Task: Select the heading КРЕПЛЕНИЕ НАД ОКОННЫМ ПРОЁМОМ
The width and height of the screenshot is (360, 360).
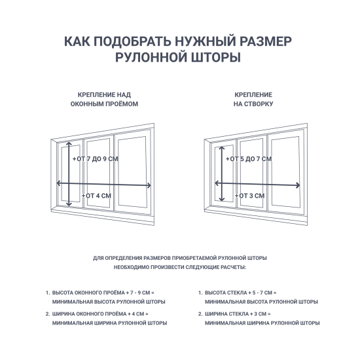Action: pyautogui.click(x=104, y=99)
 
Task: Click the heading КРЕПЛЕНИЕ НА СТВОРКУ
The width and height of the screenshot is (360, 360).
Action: pyautogui.click(x=253, y=99)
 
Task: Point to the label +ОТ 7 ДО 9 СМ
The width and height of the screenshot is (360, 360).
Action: pyautogui.click(x=96, y=158)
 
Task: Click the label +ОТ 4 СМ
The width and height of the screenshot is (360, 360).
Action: pyautogui.click(x=96, y=196)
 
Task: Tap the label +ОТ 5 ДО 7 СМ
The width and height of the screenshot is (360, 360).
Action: pyautogui.click(x=249, y=158)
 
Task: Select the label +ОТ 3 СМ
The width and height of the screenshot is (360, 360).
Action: pyautogui.click(x=250, y=196)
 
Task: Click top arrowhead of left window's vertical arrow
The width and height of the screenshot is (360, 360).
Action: pyautogui.click(x=69, y=143)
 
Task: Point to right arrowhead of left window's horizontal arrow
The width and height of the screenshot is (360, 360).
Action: pyautogui.click(x=149, y=185)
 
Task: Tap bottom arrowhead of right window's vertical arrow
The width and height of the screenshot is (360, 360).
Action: pyautogui.click(x=221, y=199)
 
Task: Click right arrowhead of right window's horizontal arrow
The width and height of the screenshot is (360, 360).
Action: pyautogui.click(x=298, y=185)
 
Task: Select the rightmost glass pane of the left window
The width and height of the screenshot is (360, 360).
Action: pyautogui.click(x=132, y=172)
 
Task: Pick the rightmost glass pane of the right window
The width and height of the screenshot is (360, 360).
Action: pyautogui.click(x=285, y=172)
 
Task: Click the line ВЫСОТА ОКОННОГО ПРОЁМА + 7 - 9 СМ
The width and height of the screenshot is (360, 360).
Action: pyautogui.click(x=103, y=293)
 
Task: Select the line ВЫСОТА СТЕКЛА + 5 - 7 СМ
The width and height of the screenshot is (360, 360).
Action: pyautogui.click(x=241, y=293)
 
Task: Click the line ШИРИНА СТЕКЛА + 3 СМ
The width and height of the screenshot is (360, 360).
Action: pyautogui.click(x=238, y=314)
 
